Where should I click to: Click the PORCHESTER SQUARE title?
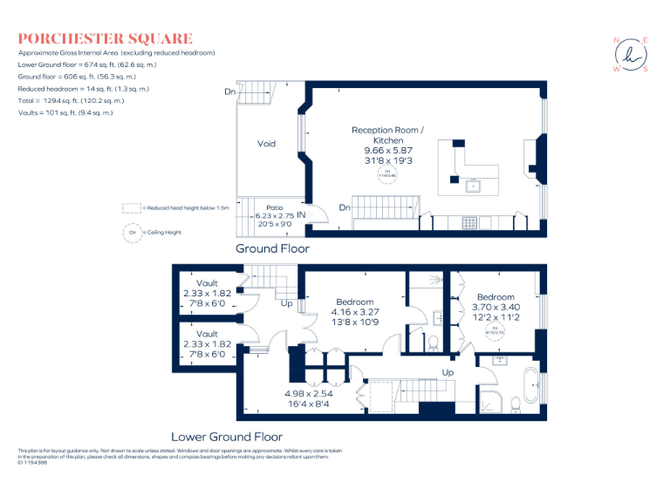coord(106,38)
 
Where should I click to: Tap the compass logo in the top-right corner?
coord(630,55)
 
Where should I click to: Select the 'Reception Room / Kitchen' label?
coord(387,135)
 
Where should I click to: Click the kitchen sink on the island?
coord(475,185)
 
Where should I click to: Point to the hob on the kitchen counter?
coord(468,222)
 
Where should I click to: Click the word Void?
coord(267,144)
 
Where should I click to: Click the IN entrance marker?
coord(301,214)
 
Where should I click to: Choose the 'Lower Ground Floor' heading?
coord(226,436)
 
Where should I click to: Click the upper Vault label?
coord(207,283)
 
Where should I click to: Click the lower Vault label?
coord(207,334)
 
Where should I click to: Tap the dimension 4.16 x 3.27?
coord(354,311)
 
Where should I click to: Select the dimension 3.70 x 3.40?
coord(496,307)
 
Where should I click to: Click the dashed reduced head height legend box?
coord(131,208)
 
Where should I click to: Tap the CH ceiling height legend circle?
coord(133,232)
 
